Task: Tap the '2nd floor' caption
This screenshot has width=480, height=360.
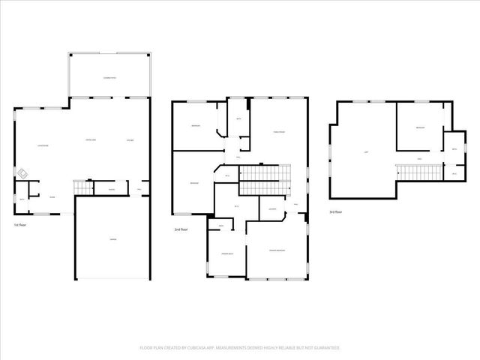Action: coord(180,229)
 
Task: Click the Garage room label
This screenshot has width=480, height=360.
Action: coord(112,239)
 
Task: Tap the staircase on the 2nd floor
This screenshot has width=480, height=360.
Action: coord(265,180)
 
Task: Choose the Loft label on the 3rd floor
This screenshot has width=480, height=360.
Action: coord(365,153)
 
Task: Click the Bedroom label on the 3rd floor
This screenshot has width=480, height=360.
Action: coord(420,128)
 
